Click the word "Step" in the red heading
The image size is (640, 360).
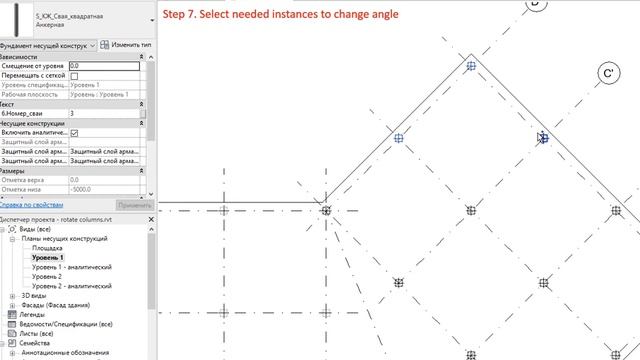click(176, 14)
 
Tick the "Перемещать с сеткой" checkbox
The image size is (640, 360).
click(74, 76)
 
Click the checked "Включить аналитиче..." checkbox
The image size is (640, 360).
click(74, 132)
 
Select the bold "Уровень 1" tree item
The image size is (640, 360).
click(48, 258)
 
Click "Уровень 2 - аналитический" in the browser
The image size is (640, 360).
click(71, 286)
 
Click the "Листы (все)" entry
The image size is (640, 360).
click(38, 334)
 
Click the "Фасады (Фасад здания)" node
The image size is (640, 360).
click(62, 305)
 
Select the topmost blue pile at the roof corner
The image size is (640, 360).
click(471, 67)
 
